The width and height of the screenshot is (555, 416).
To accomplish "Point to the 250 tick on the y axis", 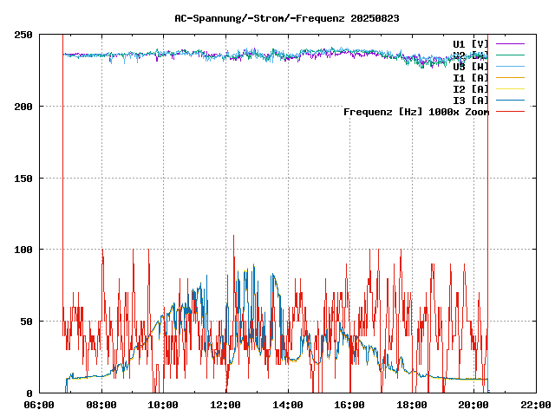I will tap(23, 35).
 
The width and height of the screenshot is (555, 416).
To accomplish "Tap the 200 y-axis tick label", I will tap(23, 107).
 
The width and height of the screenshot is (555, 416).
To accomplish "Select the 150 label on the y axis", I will tap(23, 179).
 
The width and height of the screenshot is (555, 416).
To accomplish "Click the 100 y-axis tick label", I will tap(23, 250).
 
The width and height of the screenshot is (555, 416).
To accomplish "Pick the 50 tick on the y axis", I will tap(27, 322).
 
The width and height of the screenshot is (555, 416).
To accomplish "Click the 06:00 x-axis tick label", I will tap(40, 405).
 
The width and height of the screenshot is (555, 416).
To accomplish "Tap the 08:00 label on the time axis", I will tap(101, 405).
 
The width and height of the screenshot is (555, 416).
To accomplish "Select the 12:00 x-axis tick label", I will tap(225, 405).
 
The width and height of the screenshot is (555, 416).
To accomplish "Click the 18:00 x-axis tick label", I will tap(412, 405).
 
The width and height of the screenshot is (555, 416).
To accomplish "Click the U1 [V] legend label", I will tap(471, 44).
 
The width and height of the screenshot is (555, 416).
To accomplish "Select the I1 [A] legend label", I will tap(471, 78).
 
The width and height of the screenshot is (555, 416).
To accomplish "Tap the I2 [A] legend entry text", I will tap(471, 89).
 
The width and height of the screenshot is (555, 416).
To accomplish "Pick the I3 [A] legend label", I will tap(471, 101).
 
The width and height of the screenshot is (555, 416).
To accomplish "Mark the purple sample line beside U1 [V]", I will tap(511, 43).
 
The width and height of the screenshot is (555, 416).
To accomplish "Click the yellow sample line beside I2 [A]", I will tap(511, 88).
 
